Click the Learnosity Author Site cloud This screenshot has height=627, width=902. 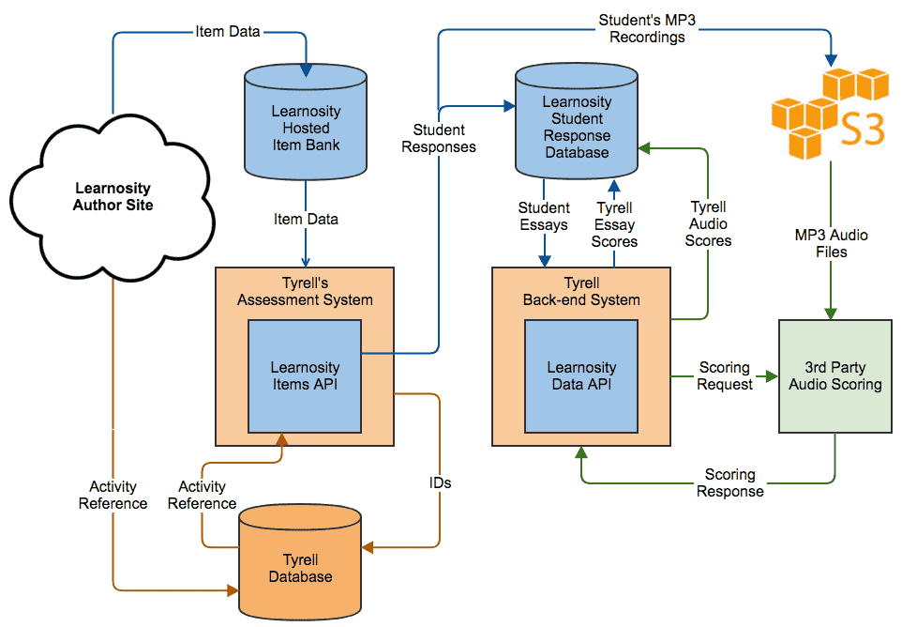click(x=113, y=197)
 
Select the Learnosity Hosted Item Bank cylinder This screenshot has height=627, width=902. click(x=306, y=122)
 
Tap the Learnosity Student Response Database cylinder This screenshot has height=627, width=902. click(x=577, y=121)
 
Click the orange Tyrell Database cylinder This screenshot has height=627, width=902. click(x=300, y=562)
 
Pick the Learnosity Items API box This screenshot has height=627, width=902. click(x=305, y=376)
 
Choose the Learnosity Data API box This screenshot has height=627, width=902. click(x=581, y=376)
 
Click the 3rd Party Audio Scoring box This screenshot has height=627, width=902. click(x=835, y=376)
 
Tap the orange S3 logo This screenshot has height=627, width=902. click(x=828, y=114)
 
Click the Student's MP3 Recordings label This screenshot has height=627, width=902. click(x=647, y=28)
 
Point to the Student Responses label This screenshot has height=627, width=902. click(x=439, y=138)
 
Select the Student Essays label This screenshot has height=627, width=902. click(x=544, y=216)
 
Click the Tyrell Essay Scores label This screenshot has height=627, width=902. click(x=614, y=224)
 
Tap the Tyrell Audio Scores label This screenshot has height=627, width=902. click(x=708, y=223)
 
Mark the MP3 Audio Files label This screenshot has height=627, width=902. click(x=832, y=243)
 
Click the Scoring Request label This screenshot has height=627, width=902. click(x=725, y=375)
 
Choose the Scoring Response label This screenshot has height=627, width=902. click(x=730, y=482)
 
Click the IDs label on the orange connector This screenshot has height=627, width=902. click(x=440, y=482)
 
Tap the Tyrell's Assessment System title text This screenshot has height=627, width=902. click(x=305, y=291)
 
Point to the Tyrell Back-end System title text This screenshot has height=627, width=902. click(x=581, y=291)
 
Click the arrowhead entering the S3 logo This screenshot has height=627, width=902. click(x=831, y=60)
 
